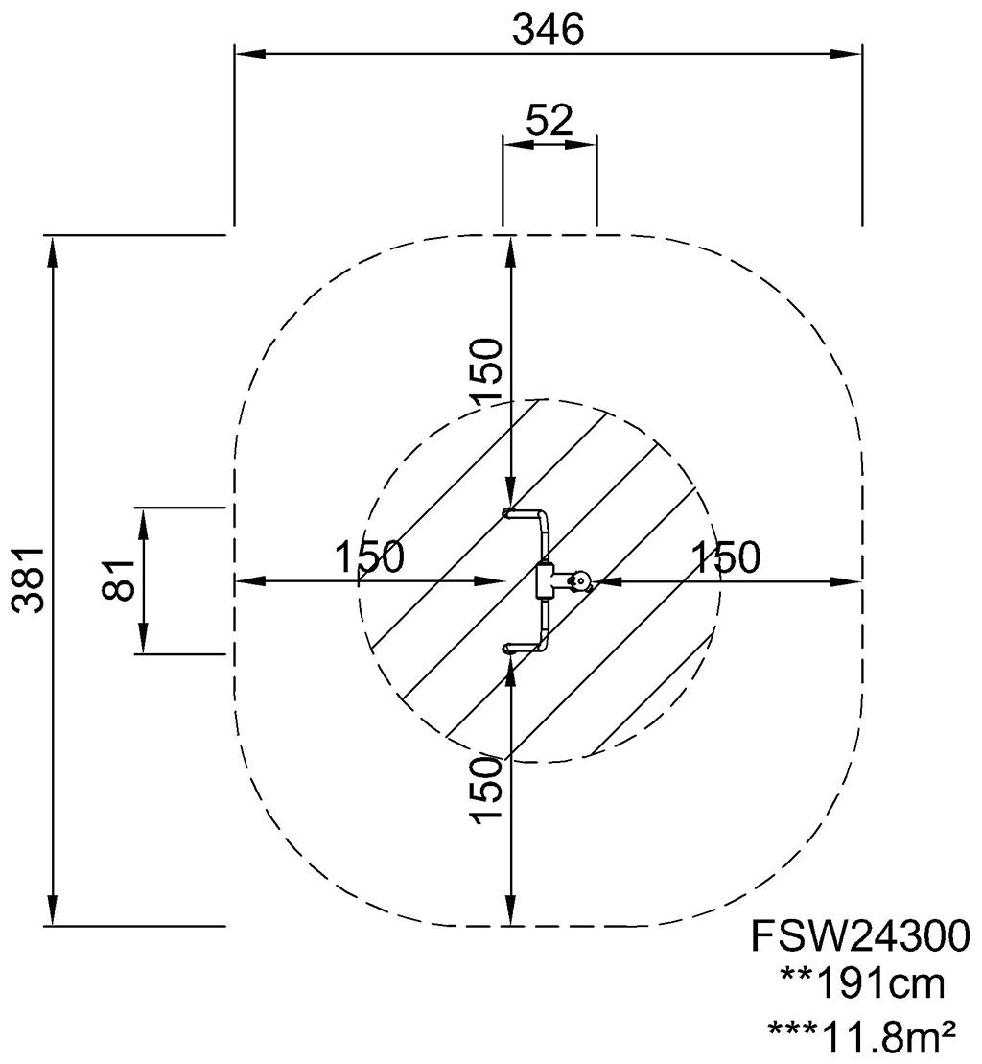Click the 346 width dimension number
point(548,31)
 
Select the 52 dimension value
point(550,120)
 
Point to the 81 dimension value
point(120,579)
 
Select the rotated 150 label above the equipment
point(486,371)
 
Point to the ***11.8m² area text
point(861,1034)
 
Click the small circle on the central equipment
point(580,580)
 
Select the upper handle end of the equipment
point(511,513)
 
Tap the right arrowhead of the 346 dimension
point(853,55)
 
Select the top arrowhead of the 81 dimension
point(144,519)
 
